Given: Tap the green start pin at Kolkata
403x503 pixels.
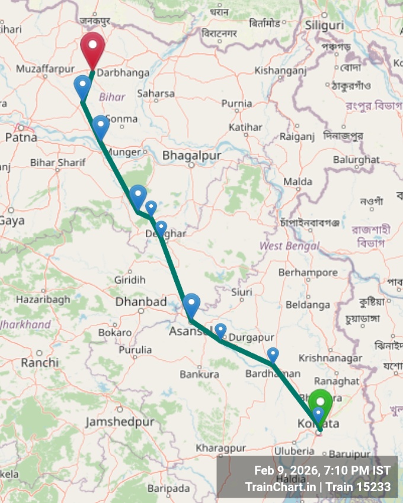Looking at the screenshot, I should click(x=321, y=402).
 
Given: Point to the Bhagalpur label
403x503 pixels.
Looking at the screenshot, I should click(x=191, y=155).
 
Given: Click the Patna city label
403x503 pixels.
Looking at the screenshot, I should click(x=21, y=137).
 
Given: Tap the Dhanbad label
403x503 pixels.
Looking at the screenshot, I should click(x=141, y=302).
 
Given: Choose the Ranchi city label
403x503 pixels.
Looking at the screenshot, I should click(x=40, y=362).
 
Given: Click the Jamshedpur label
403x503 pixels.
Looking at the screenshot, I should click(x=120, y=422).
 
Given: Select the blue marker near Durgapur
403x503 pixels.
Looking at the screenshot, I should click(x=220, y=330).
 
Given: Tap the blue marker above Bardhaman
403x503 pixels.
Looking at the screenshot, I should click(x=273, y=354).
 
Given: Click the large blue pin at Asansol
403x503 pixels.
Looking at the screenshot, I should click(x=191, y=304).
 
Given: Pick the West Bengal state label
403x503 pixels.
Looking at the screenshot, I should click(x=290, y=246).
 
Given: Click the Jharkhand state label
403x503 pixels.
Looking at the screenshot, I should click(x=25, y=324).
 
